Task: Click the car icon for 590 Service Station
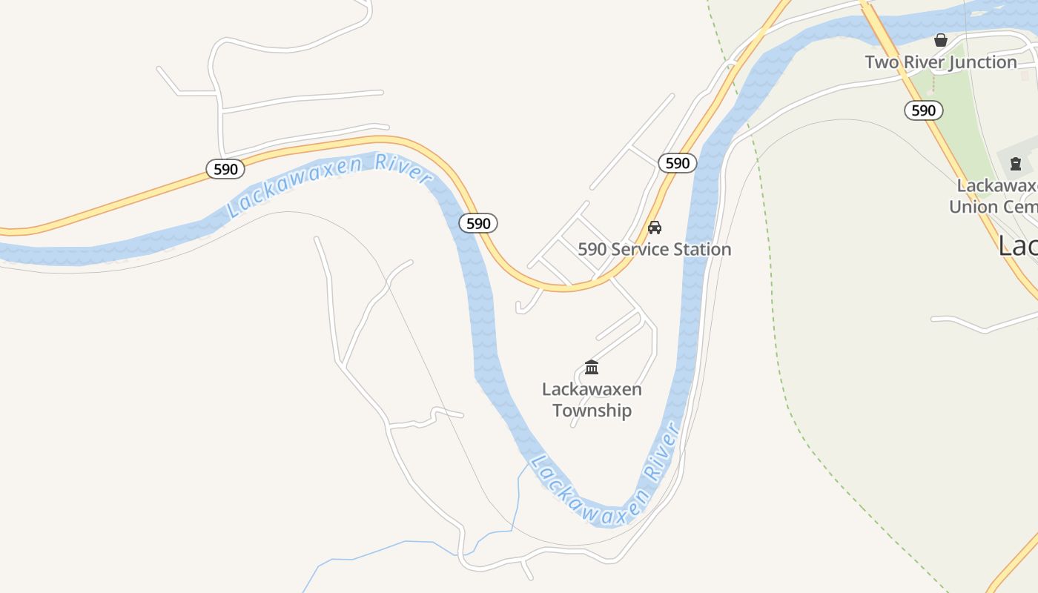tap(654, 228)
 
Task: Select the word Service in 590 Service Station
tap(634, 249)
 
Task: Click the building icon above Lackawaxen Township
tap(592, 367)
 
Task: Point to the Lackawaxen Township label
tap(592, 400)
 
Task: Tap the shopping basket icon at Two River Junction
tap(941, 40)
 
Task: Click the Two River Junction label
tap(940, 62)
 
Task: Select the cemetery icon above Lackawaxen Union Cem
tap(1016, 163)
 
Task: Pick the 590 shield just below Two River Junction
tap(923, 110)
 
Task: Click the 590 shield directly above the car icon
tap(677, 163)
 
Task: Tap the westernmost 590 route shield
tap(225, 169)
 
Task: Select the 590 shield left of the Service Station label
tap(478, 222)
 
